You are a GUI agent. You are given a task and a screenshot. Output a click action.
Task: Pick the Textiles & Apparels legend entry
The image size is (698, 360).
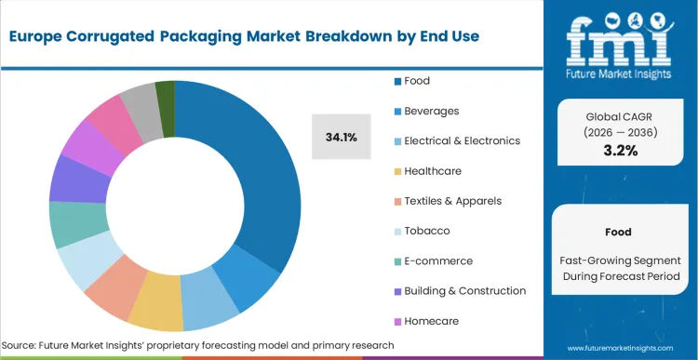[x=447, y=200]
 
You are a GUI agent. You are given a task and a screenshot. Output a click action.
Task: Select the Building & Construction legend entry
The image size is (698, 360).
[x=459, y=290]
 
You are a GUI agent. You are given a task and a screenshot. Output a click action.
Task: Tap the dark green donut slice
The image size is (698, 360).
[x=165, y=95]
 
